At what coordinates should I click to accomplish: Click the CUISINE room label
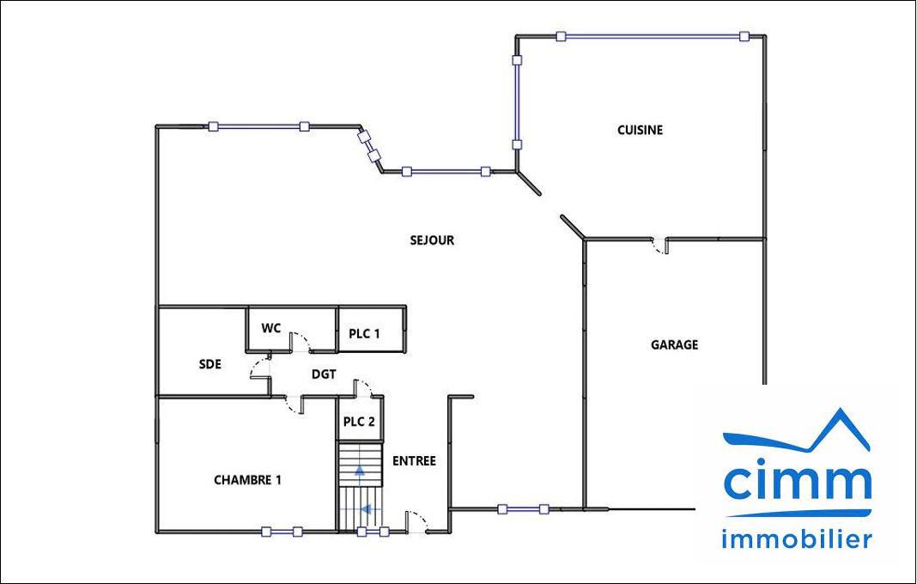pyautogui.click(x=640, y=130)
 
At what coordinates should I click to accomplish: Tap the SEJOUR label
pyautogui.click(x=432, y=240)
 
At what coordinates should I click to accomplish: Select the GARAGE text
pyautogui.click(x=674, y=344)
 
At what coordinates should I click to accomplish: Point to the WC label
pyautogui.click(x=270, y=328)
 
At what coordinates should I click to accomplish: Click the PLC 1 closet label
pyautogui.click(x=364, y=333)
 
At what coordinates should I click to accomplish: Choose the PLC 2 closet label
pyautogui.click(x=359, y=422)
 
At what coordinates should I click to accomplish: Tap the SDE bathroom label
pyautogui.click(x=210, y=364)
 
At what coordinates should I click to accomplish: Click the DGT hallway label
pyautogui.click(x=324, y=374)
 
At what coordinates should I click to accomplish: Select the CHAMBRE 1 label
pyautogui.click(x=247, y=480)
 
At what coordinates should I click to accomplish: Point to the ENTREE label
pyautogui.click(x=414, y=461)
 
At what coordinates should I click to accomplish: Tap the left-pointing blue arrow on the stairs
pyautogui.click(x=366, y=509)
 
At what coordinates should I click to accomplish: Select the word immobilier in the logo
pyautogui.click(x=797, y=538)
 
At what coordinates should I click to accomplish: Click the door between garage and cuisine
pyautogui.click(x=659, y=245)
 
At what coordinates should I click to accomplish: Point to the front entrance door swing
pyautogui.click(x=417, y=522)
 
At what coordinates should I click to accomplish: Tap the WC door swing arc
pyautogui.click(x=301, y=342)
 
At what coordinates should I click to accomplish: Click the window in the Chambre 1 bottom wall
pyautogui.click(x=282, y=532)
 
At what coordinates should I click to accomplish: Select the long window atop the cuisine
pyautogui.click(x=652, y=36)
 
